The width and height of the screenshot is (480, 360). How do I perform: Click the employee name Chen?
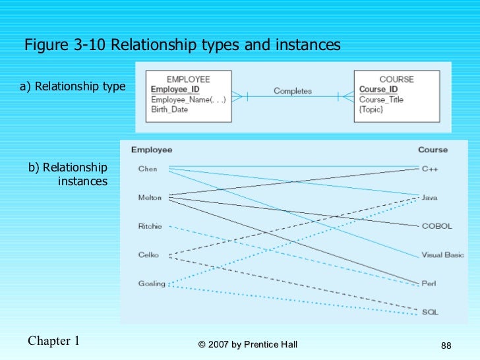tap(148, 169)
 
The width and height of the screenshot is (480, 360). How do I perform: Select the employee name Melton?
tap(150, 197)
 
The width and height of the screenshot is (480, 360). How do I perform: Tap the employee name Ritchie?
tap(150, 226)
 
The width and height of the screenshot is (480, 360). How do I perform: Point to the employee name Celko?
tap(148, 255)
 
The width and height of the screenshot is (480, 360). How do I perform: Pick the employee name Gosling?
tap(152, 284)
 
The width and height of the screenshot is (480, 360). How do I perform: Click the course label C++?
tap(430, 169)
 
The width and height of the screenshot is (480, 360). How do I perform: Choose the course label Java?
tap(430, 197)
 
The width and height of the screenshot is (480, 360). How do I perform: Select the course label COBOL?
tap(437, 226)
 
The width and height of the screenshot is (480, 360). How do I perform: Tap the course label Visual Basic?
tap(442, 255)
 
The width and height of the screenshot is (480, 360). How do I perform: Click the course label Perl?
tap(429, 284)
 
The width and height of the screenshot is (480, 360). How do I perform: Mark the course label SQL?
tap(430, 312)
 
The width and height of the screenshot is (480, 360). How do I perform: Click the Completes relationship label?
tap(293, 91)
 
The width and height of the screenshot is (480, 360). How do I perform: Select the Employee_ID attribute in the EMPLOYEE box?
tap(175, 90)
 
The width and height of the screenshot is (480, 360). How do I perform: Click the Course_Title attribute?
tap(381, 100)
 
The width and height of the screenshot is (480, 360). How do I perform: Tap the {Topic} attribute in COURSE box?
tap(371, 109)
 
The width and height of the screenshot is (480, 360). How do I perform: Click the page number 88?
tap(446, 346)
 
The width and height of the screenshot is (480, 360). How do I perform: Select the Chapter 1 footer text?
tap(54, 341)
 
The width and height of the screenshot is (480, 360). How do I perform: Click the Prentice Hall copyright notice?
tap(247, 345)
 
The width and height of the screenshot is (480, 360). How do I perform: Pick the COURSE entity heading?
tap(397, 79)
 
